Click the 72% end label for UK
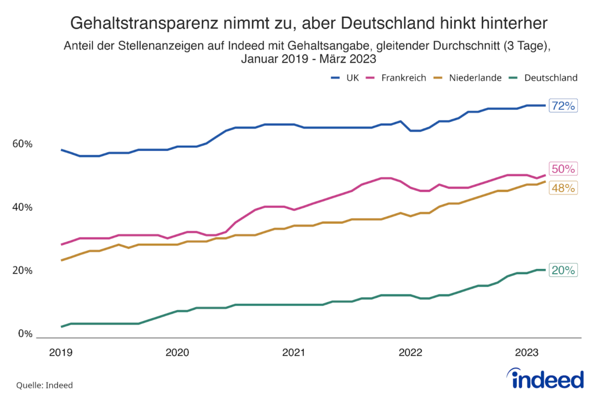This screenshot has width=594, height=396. [x=563, y=106]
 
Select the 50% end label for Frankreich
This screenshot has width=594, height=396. [x=563, y=169]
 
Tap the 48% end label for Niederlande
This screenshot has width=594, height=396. [x=563, y=188]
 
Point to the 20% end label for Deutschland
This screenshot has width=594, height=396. [x=563, y=270]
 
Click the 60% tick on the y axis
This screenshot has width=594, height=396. [x=23, y=144]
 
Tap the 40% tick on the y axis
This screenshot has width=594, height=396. [x=23, y=207]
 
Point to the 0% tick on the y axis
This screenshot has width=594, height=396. [x=25, y=334]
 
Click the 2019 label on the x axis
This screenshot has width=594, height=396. [x=60, y=351]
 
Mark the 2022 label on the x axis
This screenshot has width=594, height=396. [x=410, y=351]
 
